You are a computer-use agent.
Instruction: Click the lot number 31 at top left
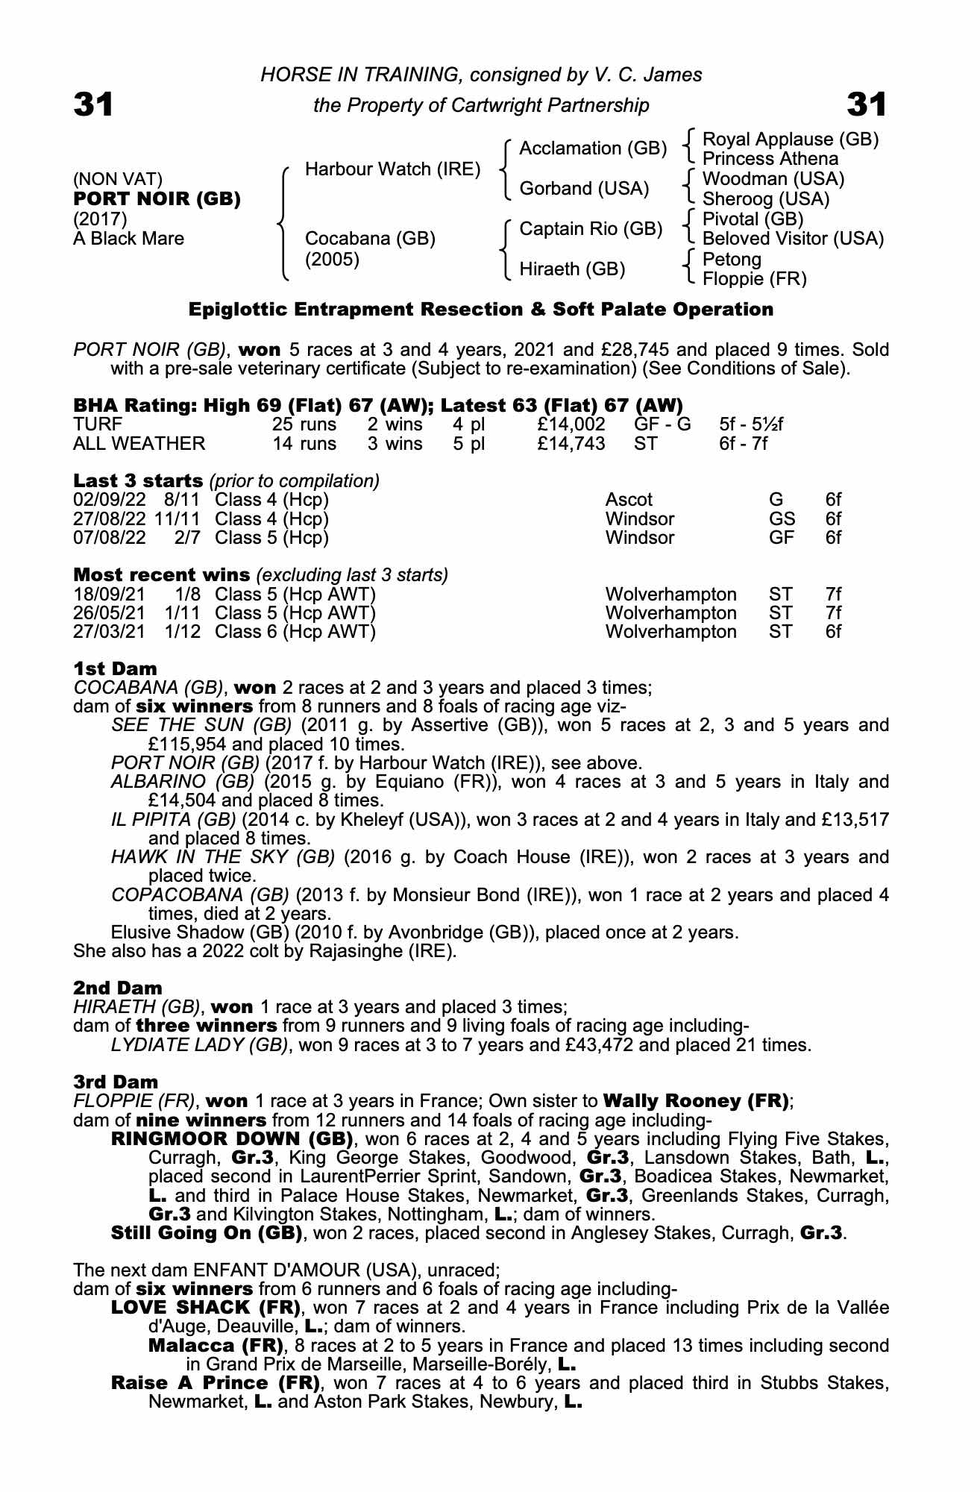point(93,104)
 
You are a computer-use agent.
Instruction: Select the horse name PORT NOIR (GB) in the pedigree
point(157,199)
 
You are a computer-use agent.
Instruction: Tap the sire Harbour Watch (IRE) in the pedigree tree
point(392,169)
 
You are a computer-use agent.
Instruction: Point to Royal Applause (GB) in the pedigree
point(791,140)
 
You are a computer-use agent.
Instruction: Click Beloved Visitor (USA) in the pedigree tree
point(793,239)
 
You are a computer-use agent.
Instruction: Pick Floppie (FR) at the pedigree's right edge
point(754,279)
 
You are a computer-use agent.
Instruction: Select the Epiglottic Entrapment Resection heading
point(480,310)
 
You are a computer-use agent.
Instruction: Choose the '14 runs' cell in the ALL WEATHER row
point(304,444)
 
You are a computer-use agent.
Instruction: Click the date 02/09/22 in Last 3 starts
point(110,500)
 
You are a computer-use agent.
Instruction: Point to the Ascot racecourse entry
point(629,500)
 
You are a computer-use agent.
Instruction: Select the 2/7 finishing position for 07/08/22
point(187,538)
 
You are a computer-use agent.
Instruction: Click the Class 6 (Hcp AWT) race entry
point(295,632)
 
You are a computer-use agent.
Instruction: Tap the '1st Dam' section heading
point(116,668)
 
